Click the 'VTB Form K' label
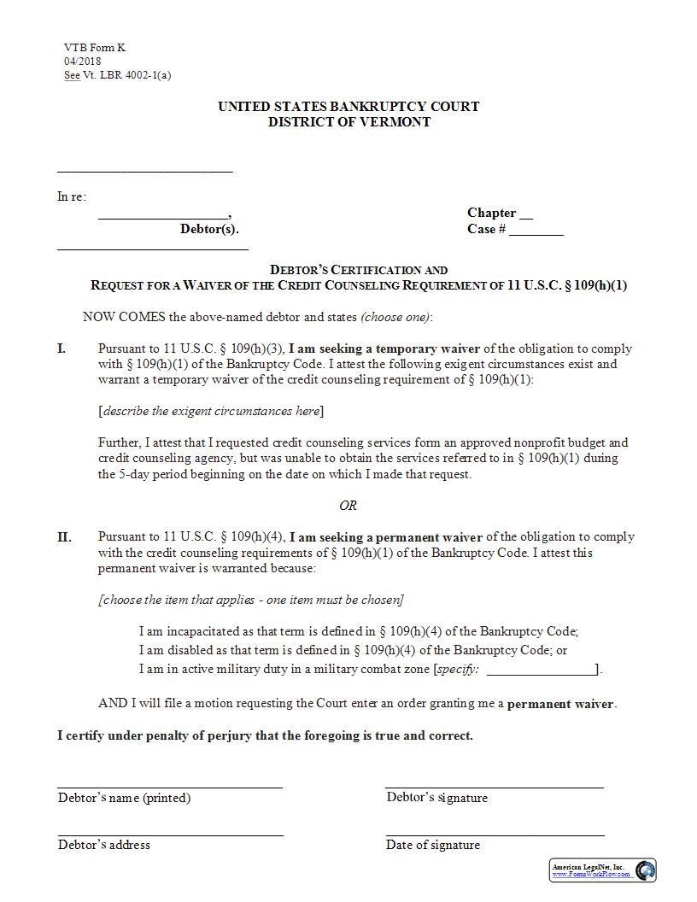click(94, 48)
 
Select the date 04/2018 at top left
click(81, 61)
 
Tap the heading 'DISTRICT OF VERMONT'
click(348, 122)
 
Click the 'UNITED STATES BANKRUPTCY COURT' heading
click(348, 107)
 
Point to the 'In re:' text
click(72, 197)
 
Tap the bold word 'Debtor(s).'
click(209, 229)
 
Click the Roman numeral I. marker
click(61, 348)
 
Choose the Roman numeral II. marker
click(64, 537)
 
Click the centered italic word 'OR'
click(348, 506)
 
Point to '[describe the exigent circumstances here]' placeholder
click(211, 411)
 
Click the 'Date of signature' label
click(433, 845)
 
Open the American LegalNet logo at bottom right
click(602, 870)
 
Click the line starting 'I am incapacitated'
click(358, 631)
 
